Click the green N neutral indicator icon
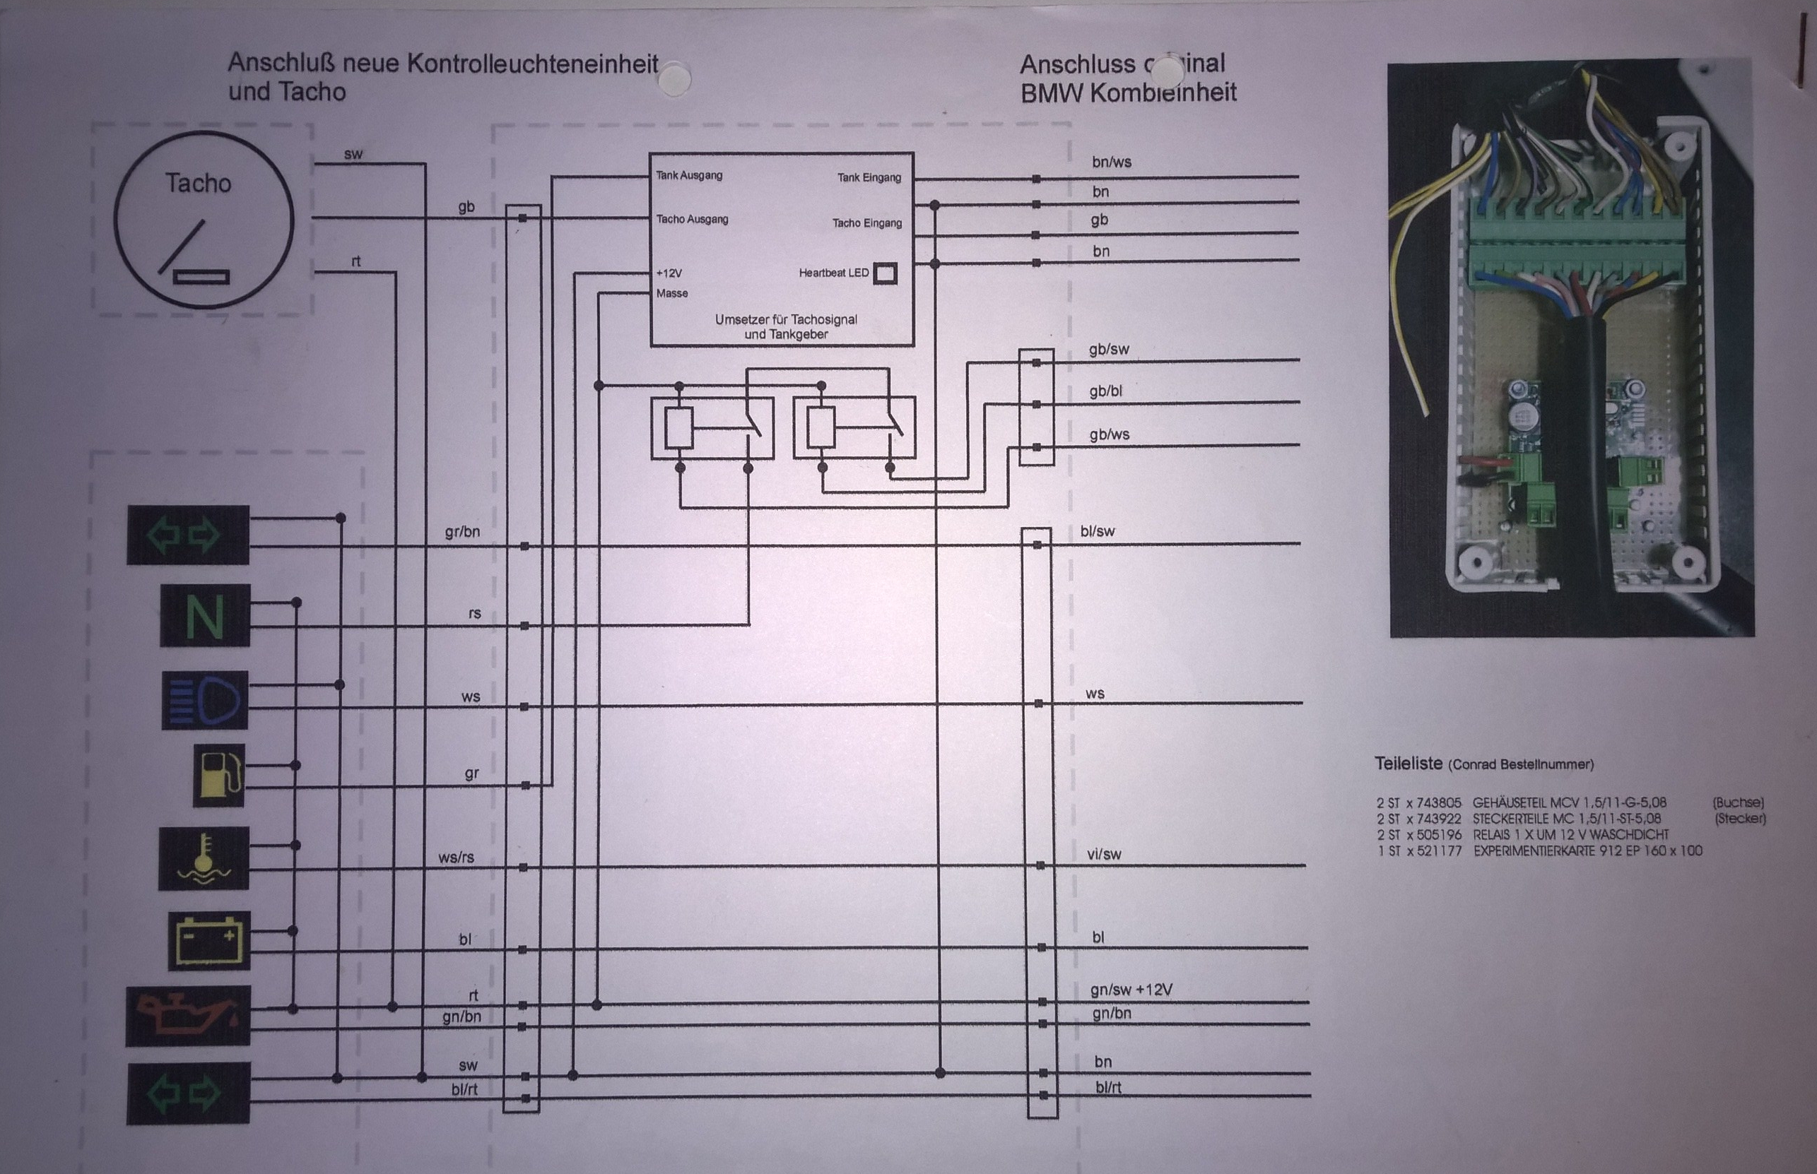204,615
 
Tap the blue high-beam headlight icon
204,700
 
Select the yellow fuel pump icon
219,776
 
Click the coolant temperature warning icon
203,858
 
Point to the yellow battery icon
208,941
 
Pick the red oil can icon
187,1016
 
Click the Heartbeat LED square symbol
885,273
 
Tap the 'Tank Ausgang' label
688,175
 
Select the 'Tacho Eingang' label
867,223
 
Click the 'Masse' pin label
672,294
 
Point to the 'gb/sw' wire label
1109,350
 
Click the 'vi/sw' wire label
1104,855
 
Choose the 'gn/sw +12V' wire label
1131,990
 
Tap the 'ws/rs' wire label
456,858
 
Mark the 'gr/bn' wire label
462,531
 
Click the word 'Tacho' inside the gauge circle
199,184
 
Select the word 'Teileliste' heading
1408,763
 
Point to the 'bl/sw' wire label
1098,531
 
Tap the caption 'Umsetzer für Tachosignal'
785,319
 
